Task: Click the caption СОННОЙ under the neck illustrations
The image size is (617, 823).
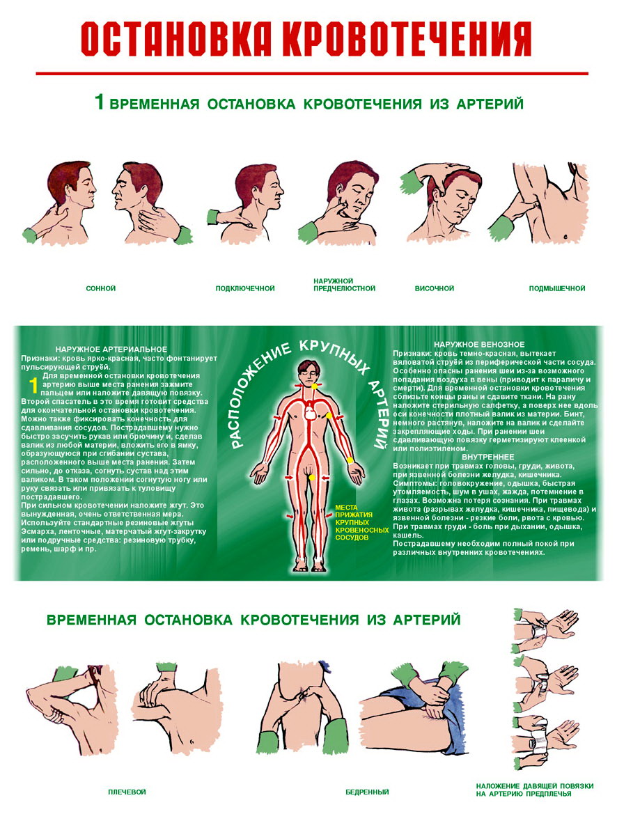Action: pos(101,288)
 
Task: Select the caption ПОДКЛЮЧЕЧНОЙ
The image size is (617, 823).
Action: pos(245,288)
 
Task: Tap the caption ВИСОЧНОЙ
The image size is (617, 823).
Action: pos(435,288)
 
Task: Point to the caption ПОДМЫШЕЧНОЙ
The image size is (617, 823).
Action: pos(557,288)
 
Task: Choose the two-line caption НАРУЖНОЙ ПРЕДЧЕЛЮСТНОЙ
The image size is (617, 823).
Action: pos(345,285)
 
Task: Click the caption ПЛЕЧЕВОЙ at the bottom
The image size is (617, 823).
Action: pos(127,792)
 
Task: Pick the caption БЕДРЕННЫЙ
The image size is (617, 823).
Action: pos(367,792)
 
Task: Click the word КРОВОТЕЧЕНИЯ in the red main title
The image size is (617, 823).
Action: pos(407,39)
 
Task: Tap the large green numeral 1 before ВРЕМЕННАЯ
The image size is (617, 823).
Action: pos(100,102)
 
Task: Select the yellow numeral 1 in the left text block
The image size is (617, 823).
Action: pos(33,385)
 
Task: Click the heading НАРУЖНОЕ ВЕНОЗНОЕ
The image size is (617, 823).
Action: pos(479,345)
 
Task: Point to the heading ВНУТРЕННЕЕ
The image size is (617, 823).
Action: pos(488,457)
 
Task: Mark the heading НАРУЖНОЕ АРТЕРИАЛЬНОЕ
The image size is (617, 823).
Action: pos(111,349)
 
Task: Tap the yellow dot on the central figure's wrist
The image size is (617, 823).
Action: pos(350,461)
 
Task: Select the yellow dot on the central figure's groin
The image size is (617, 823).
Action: pos(312,477)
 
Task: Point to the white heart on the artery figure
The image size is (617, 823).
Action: pos(311,412)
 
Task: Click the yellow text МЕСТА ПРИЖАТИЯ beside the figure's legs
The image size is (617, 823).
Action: pos(354,511)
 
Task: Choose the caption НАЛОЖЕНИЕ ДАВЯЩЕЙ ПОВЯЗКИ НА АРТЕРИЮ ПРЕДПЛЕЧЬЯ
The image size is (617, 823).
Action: pos(535,790)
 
